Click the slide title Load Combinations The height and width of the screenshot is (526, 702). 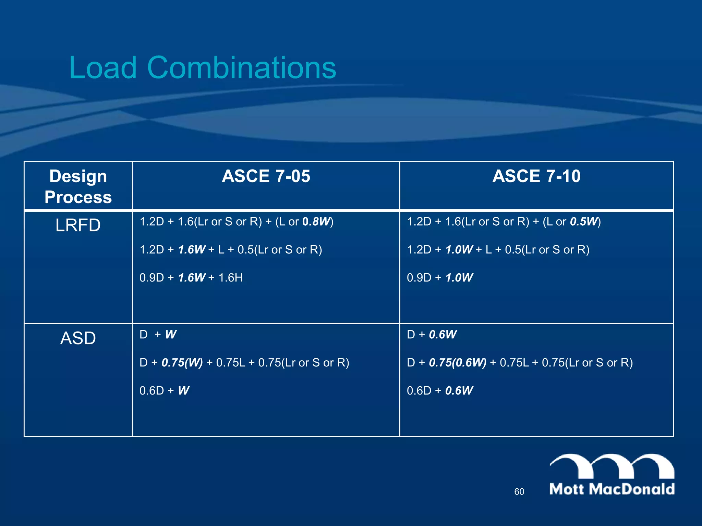pos(202,67)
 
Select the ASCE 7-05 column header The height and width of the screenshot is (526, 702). pos(266,176)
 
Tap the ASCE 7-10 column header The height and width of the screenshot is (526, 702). pos(536,176)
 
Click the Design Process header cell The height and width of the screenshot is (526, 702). pos(78,187)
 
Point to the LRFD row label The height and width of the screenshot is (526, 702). pos(78,225)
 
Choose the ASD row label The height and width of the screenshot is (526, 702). pos(78,338)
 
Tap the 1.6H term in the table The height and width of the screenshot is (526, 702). pos(230,277)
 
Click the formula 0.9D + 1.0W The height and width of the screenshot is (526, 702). pos(440,277)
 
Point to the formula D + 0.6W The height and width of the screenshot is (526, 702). pos(432,334)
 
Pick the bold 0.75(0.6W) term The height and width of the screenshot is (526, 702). pos(458,362)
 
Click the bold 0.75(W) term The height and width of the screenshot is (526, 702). pos(182,362)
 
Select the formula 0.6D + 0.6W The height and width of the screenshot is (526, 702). pos(440,390)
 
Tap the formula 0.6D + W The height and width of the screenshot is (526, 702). pos(164,390)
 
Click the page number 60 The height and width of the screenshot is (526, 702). pos(519,492)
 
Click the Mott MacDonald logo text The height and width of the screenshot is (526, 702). pos(612,489)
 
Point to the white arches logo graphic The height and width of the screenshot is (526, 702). pos(612,466)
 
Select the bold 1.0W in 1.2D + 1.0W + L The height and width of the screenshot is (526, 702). pos(459,250)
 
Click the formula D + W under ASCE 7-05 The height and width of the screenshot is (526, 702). pos(158,334)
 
